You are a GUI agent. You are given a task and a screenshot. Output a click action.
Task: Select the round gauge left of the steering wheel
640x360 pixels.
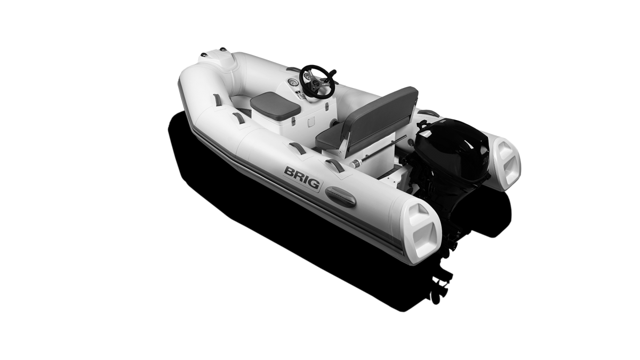(293, 83)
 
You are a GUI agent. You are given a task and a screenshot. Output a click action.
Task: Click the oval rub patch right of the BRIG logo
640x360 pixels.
(341, 196)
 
